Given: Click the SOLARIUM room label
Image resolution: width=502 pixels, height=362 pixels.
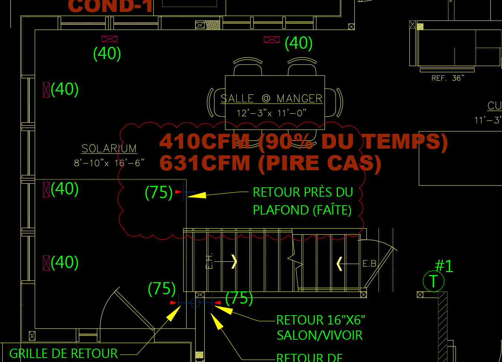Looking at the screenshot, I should click(109, 149).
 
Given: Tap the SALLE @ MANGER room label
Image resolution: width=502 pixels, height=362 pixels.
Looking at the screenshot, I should click(271, 98).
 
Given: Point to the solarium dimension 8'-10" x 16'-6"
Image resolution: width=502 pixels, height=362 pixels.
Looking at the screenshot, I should click(109, 163).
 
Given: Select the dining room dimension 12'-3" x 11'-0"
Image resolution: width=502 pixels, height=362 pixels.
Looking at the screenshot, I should click(271, 113).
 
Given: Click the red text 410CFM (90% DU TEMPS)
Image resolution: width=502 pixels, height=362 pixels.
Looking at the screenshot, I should click(303, 142).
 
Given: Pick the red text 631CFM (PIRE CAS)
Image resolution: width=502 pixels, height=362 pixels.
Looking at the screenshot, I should click(271, 163).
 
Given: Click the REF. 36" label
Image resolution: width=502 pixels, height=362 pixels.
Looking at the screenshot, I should click(448, 78).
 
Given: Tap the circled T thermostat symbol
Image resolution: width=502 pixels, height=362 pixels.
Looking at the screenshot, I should click(434, 281).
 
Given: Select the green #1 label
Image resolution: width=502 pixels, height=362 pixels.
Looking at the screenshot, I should click(444, 266).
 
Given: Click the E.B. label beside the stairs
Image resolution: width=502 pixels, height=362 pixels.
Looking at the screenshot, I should click(370, 264).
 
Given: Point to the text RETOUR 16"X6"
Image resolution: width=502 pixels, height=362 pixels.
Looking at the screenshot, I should click(320, 320).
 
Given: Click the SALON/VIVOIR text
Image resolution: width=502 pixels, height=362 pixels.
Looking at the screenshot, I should click(319, 335).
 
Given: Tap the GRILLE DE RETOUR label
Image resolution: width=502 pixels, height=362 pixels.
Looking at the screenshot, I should click(63, 353).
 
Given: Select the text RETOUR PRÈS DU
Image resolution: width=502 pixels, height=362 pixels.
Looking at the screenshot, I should click(303, 192).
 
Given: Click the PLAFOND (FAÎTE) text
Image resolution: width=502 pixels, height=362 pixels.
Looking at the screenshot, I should click(302, 210).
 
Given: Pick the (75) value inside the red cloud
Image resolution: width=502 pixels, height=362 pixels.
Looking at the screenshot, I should click(159, 193).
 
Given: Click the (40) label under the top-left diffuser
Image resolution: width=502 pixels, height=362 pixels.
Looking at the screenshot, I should click(107, 54).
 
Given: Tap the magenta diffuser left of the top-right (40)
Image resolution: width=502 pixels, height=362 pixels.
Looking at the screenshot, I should click(272, 40).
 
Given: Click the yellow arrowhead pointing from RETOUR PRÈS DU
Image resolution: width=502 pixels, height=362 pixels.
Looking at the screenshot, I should click(197, 195).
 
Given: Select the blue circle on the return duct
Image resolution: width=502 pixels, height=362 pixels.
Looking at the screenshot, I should click(195, 303).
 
